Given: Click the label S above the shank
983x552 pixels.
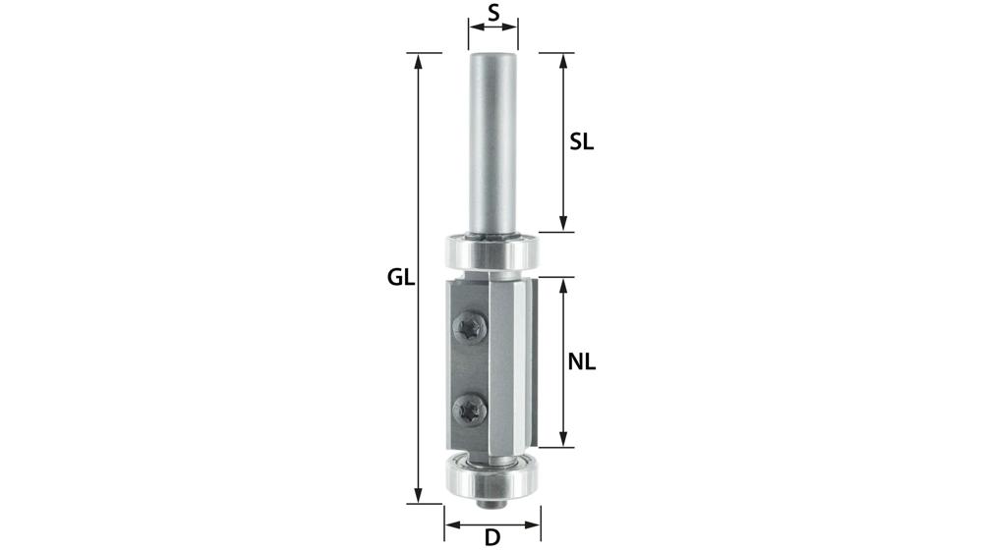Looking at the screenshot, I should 492,14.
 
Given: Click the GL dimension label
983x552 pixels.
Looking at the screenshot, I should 399,278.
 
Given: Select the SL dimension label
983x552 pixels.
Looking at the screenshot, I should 582,141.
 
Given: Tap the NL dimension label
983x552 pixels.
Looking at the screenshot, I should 582,361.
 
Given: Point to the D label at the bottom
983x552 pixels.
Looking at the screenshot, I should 492,538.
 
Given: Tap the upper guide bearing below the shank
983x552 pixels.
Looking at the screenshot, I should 491,251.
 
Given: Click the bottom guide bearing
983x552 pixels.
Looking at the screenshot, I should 491,476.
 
